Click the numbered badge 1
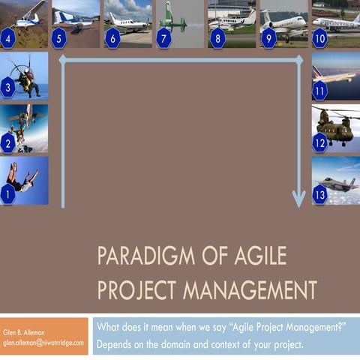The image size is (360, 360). point(8,194)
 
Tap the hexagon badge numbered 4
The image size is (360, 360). point(8,37)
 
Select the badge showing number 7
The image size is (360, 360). point(164,37)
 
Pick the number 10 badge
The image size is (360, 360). point(320,37)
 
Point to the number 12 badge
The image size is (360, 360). point(320,142)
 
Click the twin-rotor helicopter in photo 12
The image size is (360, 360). point(337,124)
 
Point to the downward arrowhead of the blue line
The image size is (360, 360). point(298,199)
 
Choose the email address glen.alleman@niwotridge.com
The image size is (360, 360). point(45,342)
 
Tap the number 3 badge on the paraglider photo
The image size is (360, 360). point(8,88)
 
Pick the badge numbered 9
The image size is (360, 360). point(268,37)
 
